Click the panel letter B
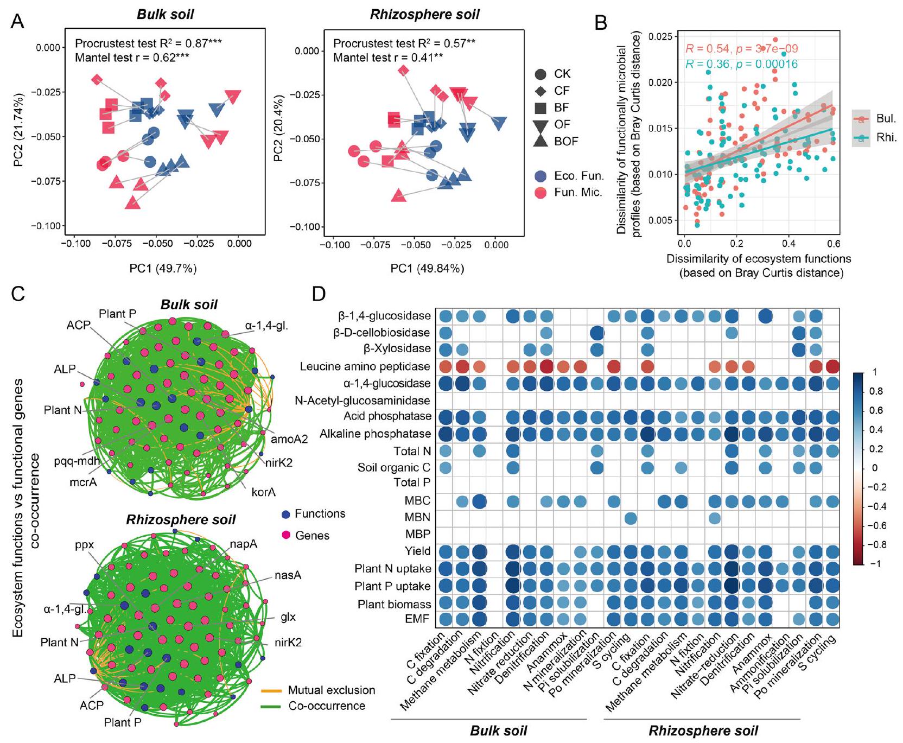601,22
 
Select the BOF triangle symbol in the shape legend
540,141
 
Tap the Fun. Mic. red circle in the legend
540,192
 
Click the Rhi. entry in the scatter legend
886,138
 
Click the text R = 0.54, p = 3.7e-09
741,49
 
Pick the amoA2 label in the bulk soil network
289,439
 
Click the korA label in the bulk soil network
264,492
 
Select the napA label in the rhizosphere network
243,544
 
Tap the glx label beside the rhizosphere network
288,617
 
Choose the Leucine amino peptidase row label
365,367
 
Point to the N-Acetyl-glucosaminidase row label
362,401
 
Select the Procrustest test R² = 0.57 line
404,44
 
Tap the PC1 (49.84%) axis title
427,269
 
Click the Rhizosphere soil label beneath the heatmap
703,731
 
